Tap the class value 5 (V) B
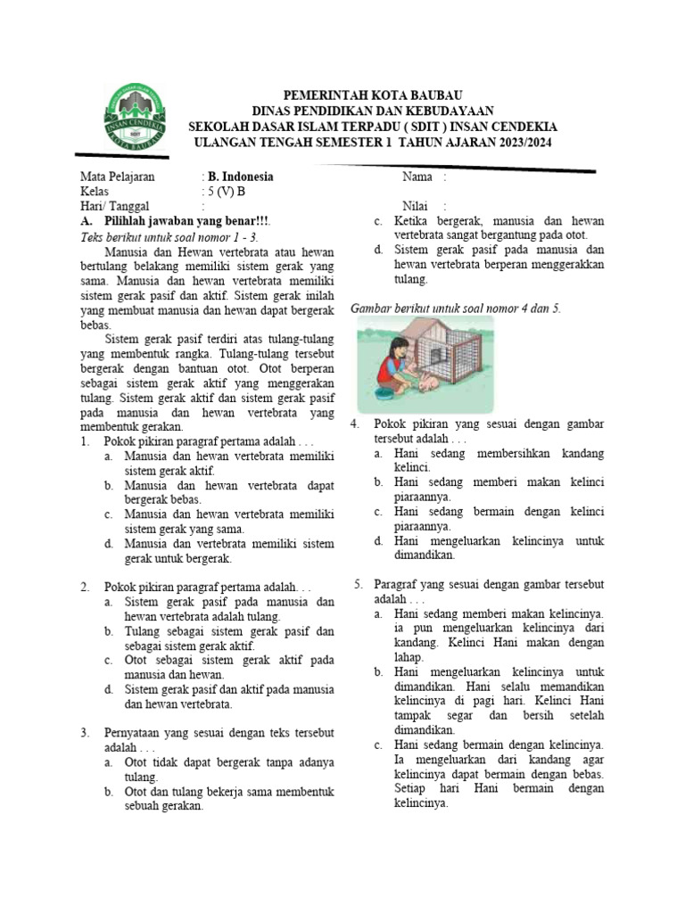(x=227, y=191)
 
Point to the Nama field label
(x=417, y=177)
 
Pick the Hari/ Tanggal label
(x=114, y=206)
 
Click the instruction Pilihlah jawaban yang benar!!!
(x=188, y=221)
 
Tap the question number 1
(x=85, y=441)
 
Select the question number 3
(x=85, y=733)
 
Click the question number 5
(x=357, y=584)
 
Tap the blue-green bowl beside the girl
(x=384, y=393)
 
